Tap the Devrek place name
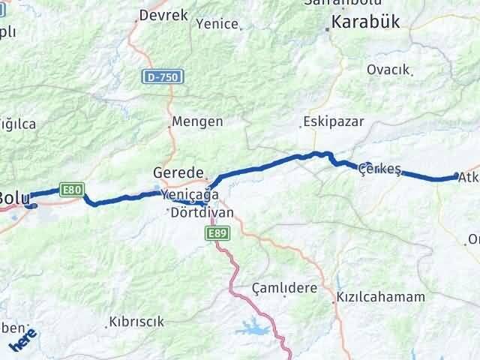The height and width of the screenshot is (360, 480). tap(162, 15)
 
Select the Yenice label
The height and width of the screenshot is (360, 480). tap(217, 24)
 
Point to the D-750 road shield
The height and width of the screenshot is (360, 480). tap(163, 76)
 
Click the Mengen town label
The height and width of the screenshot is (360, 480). tap(197, 121)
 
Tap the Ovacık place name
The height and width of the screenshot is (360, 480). tap(388, 70)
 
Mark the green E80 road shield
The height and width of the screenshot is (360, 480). tap(73, 190)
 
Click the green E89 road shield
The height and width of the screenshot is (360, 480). tap(217, 235)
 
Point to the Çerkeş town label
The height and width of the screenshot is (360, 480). tap(376, 168)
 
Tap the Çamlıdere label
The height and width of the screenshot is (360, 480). tap(284, 288)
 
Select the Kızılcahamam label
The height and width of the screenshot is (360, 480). tap(380, 297)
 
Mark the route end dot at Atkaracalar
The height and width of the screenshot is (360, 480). tap(456, 176)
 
